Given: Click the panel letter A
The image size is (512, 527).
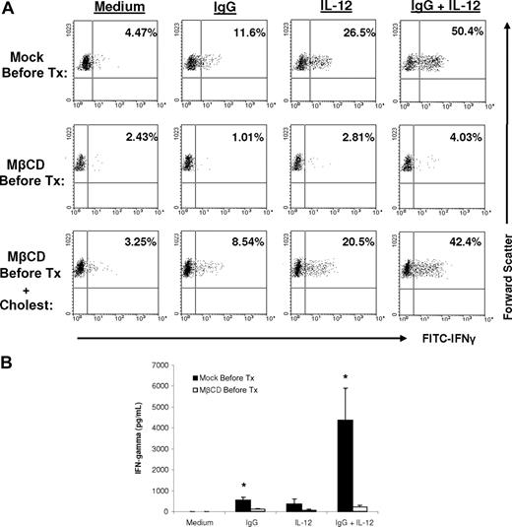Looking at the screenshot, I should coord(7,9).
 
